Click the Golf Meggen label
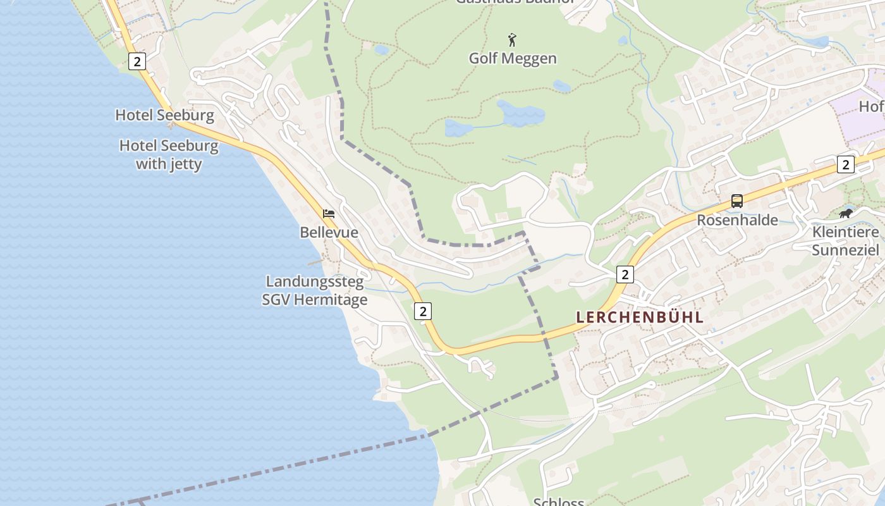(513, 58)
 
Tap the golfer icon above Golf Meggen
(512, 40)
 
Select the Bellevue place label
(329, 233)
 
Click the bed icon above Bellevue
(329, 214)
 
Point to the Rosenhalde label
(737, 220)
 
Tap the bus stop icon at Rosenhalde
(737, 201)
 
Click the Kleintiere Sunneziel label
(845, 241)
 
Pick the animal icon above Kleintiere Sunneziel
(845, 214)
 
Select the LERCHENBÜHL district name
(640, 318)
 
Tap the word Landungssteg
(315, 281)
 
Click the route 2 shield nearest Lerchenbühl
(625, 275)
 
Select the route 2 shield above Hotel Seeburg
(137, 61)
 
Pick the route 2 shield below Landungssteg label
(424, 311)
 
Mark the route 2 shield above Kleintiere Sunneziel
(845, 164)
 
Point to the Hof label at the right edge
(871, 107)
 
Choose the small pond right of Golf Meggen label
(561, 86)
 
